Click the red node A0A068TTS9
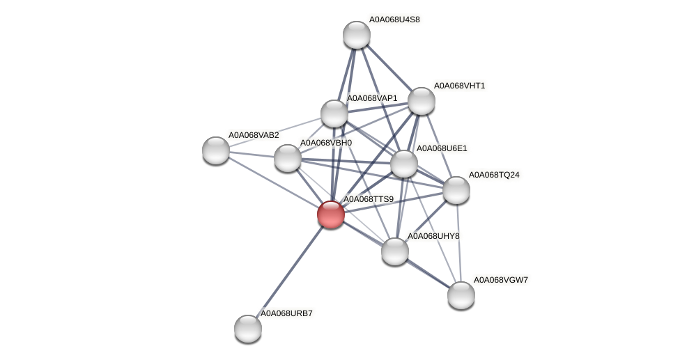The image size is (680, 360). tap(331, 214)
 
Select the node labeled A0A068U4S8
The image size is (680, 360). tap(357, 35)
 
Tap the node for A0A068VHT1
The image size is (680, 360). tap(422, 101)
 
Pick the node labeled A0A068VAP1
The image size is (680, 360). tap(334, 114)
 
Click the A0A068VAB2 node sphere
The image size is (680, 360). tap(216, 150)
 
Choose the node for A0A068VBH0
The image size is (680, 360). tap(288, 158)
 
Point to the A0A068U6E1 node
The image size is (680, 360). tap(404, 164)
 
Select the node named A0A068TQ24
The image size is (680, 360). tap(456, 190)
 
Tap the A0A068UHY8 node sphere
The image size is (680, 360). tap(395, 251)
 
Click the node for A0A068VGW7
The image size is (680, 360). tap(461, 295)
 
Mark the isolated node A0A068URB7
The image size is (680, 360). tap(248, 329)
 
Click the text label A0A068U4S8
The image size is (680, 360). tap(394, 19)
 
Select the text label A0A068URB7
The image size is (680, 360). tap(286, 313)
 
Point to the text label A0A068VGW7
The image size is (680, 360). tap(501, 280)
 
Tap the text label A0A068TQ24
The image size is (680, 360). tap(494, 175)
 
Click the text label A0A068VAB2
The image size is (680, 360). tap(254, 135)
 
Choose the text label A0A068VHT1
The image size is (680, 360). tap(459, 86)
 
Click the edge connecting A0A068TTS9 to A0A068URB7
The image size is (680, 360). tap(289, 272)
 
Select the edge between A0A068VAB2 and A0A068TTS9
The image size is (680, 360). tap(273, 182)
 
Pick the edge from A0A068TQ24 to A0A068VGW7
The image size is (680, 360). tap(458, 242)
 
